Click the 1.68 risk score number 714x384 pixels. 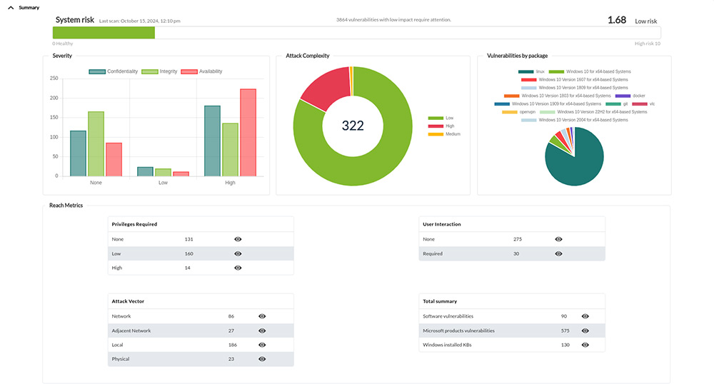click(x=616, y=20)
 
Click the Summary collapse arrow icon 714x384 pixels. click(x=11, y=7)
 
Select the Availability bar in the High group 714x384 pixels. click(x=248, y=133)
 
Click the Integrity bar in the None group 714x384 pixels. click(x=96, y=143)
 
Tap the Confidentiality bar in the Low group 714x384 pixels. click(x=145, y=171)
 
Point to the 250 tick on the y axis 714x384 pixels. click(x=54, y=79)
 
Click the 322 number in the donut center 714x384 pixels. click(x=353, y=126)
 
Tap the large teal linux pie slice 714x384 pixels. click(x=577, y=161)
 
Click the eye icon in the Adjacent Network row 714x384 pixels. click(x=262, y=331)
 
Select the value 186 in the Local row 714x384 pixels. click(x=231, y=345)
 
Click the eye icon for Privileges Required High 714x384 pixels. click(x=238, y=268)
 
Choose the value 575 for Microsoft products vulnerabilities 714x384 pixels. click(x=565, y=330)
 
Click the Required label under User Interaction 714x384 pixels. click(x=433, y=253)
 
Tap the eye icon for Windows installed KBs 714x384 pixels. click(x=585, y=345)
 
